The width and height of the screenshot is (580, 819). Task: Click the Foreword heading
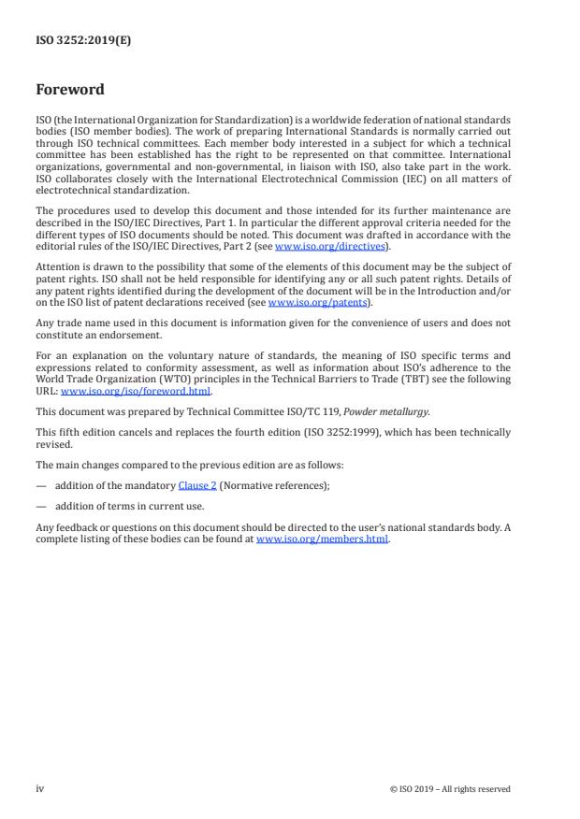pyautogui.click(x=70, y=91)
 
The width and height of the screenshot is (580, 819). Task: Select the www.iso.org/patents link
pyautogui.click(x=305, y=302)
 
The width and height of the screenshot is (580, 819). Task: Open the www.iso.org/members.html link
pyautogui.click(x=322, y=539)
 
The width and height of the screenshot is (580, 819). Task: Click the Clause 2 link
pyautogui.click(x=197, y=484)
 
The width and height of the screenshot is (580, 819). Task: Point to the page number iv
pyautogui.click(x=40, y=788)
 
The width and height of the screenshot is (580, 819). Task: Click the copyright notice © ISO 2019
pyautogui.click(x=450, y=788)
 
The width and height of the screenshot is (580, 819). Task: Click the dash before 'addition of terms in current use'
pyautogui.click(x=41, y=507)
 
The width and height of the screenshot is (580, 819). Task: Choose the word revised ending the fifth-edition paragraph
pyautogui.click(x=52, y=444)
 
